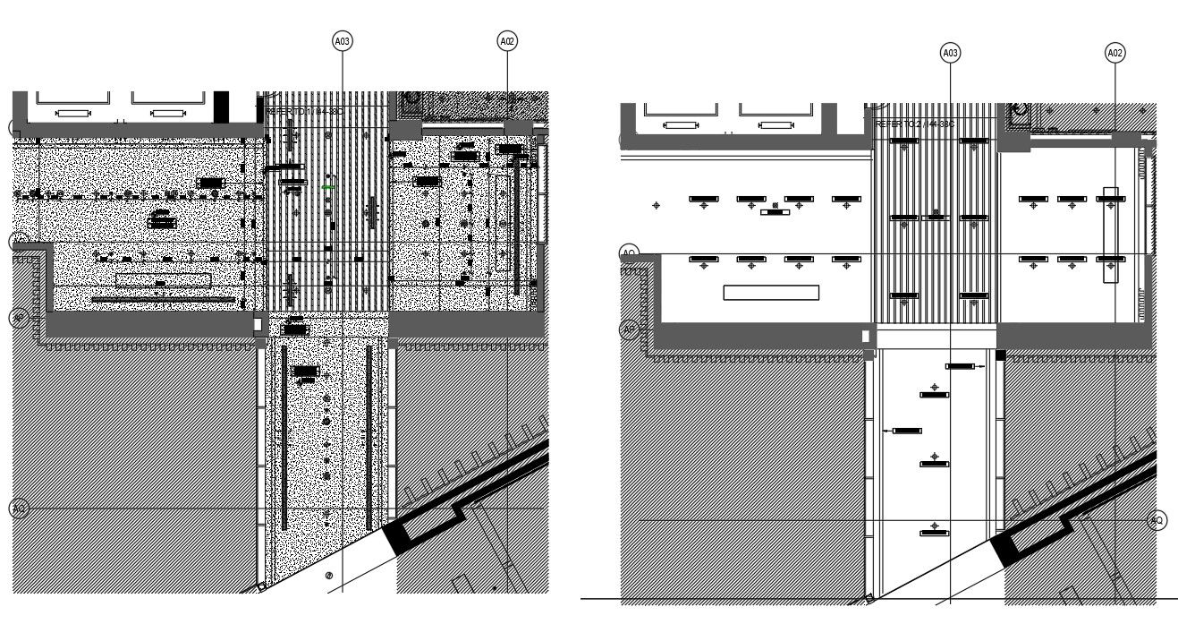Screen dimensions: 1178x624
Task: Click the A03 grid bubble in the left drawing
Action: click(342, 40)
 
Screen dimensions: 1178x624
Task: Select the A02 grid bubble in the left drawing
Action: click(507, 40)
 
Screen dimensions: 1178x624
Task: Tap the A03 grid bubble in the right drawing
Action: click(950, 54)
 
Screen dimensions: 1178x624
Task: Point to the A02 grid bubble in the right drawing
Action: click(1114, 54)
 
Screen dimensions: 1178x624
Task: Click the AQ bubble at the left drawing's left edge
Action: click(19, 509)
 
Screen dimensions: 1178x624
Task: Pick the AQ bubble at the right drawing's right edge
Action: click(1157, 520)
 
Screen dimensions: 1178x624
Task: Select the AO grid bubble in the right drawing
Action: click(630, 253)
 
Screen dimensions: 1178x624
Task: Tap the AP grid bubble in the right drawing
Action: click(629, 329)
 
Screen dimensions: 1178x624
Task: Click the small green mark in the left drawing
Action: click(329, 187)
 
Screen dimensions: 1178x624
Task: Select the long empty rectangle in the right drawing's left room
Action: click(771, 292)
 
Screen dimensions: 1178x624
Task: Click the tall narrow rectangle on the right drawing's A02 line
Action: click(1111, 235)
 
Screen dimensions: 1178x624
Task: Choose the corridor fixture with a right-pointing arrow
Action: click(962, 366)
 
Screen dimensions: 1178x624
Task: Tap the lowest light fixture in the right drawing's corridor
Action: click(935, 533)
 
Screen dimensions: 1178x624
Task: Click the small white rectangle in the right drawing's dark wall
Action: click(865, 336)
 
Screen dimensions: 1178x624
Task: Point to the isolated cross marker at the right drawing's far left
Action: click(657, 205)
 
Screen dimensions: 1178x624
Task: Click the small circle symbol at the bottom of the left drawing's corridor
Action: click(329, 576)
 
